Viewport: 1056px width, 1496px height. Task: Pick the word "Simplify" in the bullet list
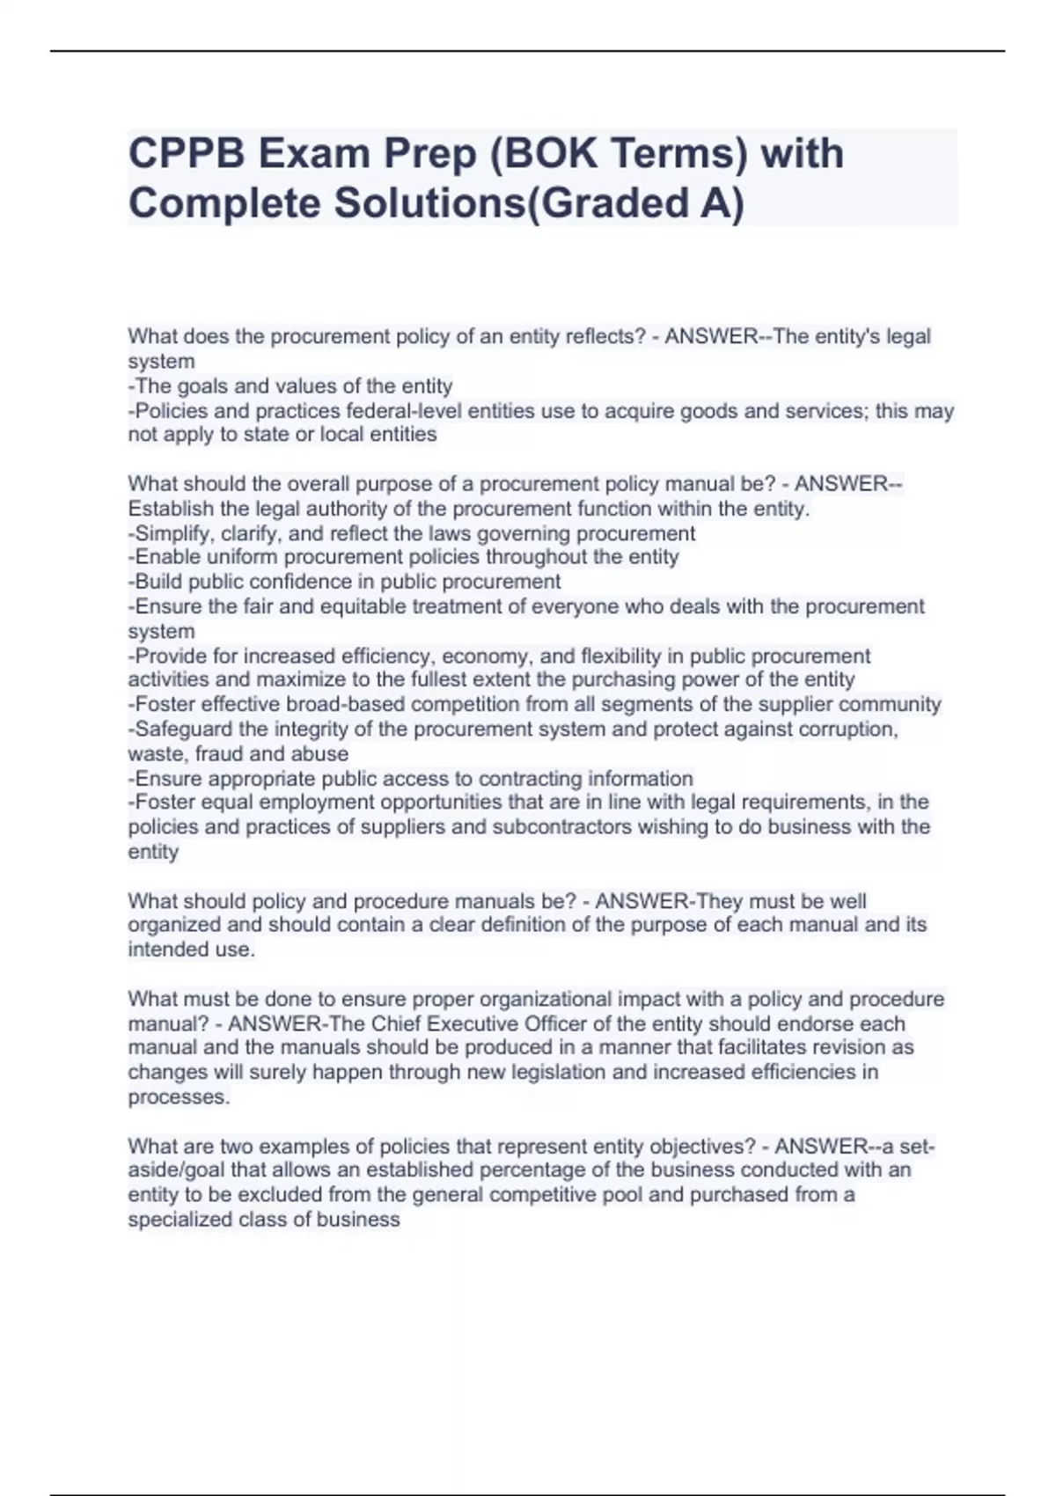(175, 533)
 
